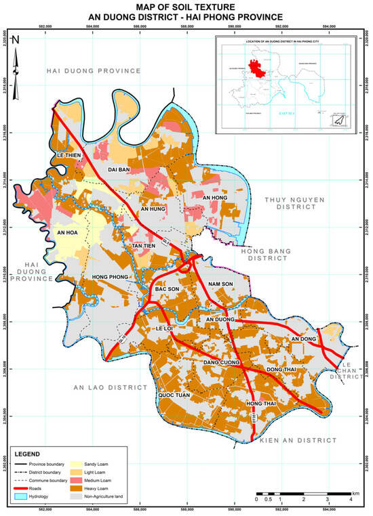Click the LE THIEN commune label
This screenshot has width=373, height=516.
(x=69, y=154)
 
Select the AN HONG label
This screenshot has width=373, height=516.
(x=215, y=197)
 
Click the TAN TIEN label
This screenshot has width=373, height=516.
(x=144, y=244)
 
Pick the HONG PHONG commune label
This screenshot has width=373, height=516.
(x=110, y=278)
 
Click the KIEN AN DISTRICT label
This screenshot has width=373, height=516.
(x=298, y=440)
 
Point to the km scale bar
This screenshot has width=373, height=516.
(x=303, y=494)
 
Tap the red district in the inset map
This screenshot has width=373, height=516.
(x=256, y=68)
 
